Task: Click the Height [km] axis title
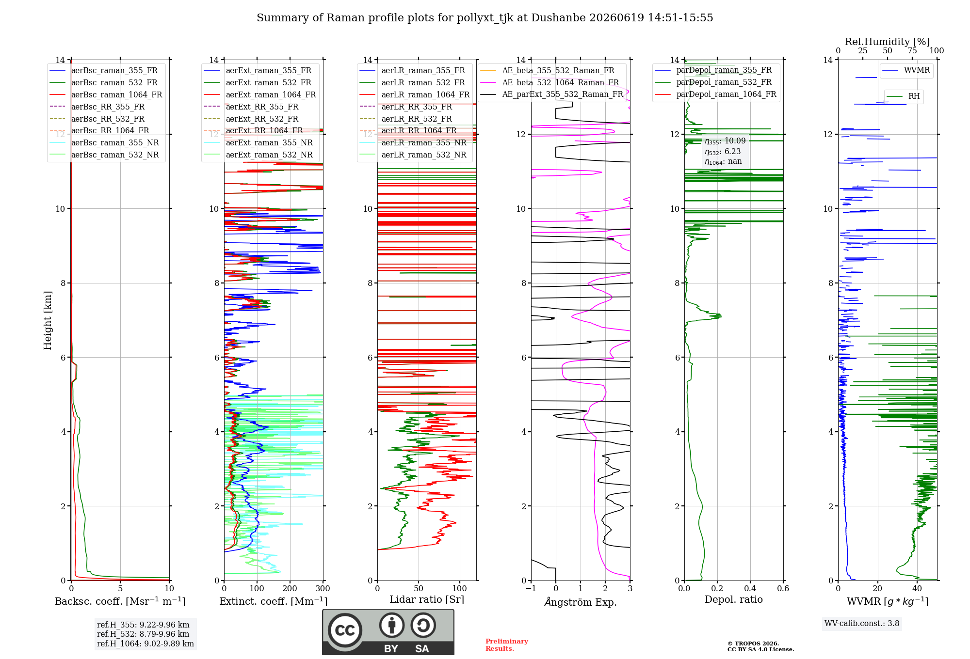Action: [48, 320]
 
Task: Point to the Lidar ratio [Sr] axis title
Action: [427, 599]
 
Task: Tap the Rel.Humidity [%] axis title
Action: [888, 42]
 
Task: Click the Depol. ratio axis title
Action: [734, 599]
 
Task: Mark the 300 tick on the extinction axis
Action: [323, 588]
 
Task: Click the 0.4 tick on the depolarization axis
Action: [750, 588]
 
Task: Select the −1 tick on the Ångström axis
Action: [531, 588]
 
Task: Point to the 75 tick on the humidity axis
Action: [912, 50]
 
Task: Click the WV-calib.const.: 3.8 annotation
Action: [862, 623]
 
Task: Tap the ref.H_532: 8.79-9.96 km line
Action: [143, 634]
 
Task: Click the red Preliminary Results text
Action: [507, 645]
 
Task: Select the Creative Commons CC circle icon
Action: [345, 630]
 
